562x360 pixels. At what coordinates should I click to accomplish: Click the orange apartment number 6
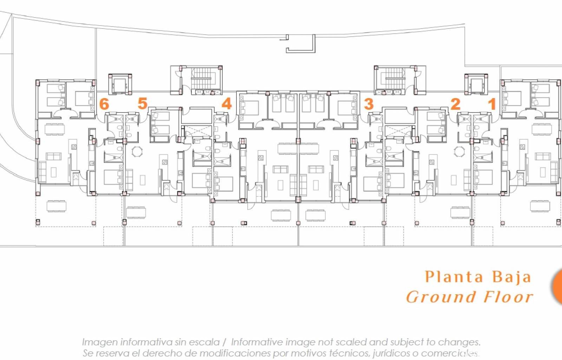click(x=104, y=104)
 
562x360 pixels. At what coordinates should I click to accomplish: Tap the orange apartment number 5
click(x=142, y=103)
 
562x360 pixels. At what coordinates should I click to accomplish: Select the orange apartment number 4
click(x=227, y=103)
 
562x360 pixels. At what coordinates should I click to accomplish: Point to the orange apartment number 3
click(x=368, y=104)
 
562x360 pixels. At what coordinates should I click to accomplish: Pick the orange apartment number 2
click(x=455, y=104)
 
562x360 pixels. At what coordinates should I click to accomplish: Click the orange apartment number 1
click(x=492, y=104)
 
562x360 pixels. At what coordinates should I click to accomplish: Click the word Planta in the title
click(x=454, y=277)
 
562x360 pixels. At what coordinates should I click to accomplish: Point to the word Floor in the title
click(x=509, y=297)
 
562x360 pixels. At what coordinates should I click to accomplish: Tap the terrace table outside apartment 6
click(x=56, y=206)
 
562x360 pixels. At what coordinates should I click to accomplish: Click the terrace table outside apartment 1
click(x=540, y=206)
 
